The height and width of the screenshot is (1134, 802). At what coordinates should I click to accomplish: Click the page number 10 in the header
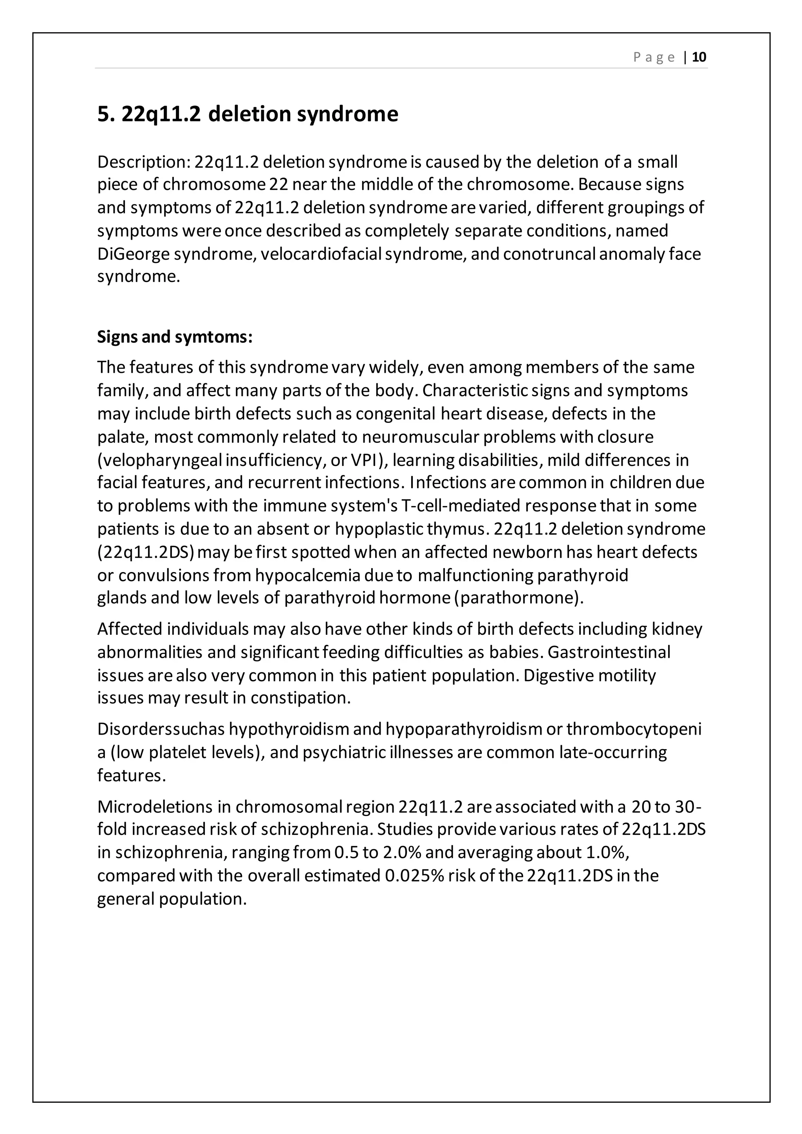(x=699, y=57)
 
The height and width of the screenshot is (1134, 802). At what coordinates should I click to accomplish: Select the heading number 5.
(x=104, y=114)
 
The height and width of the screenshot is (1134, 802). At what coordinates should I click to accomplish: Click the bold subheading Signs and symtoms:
(x=175, y=337)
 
